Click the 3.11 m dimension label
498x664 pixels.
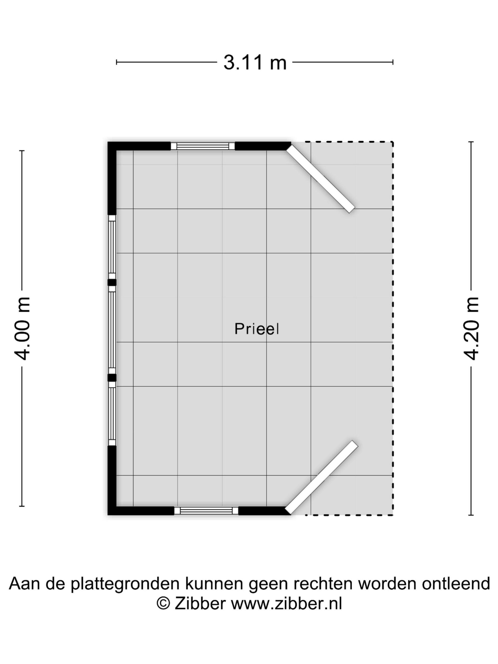tap(255, 62)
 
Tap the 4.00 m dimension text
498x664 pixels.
tap(23, 328)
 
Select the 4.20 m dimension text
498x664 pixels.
tap(471, 328)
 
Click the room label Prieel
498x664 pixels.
tap(257, 329)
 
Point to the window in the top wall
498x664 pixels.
tap(203, 146)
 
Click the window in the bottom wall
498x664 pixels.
tap(206, 511)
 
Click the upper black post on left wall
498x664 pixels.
tap(112, 282)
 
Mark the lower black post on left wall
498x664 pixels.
tap(112, 378)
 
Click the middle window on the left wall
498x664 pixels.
tap(112, 330)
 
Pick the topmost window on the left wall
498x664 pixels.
tap(112, 247)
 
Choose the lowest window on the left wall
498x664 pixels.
tap(112, 413)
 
